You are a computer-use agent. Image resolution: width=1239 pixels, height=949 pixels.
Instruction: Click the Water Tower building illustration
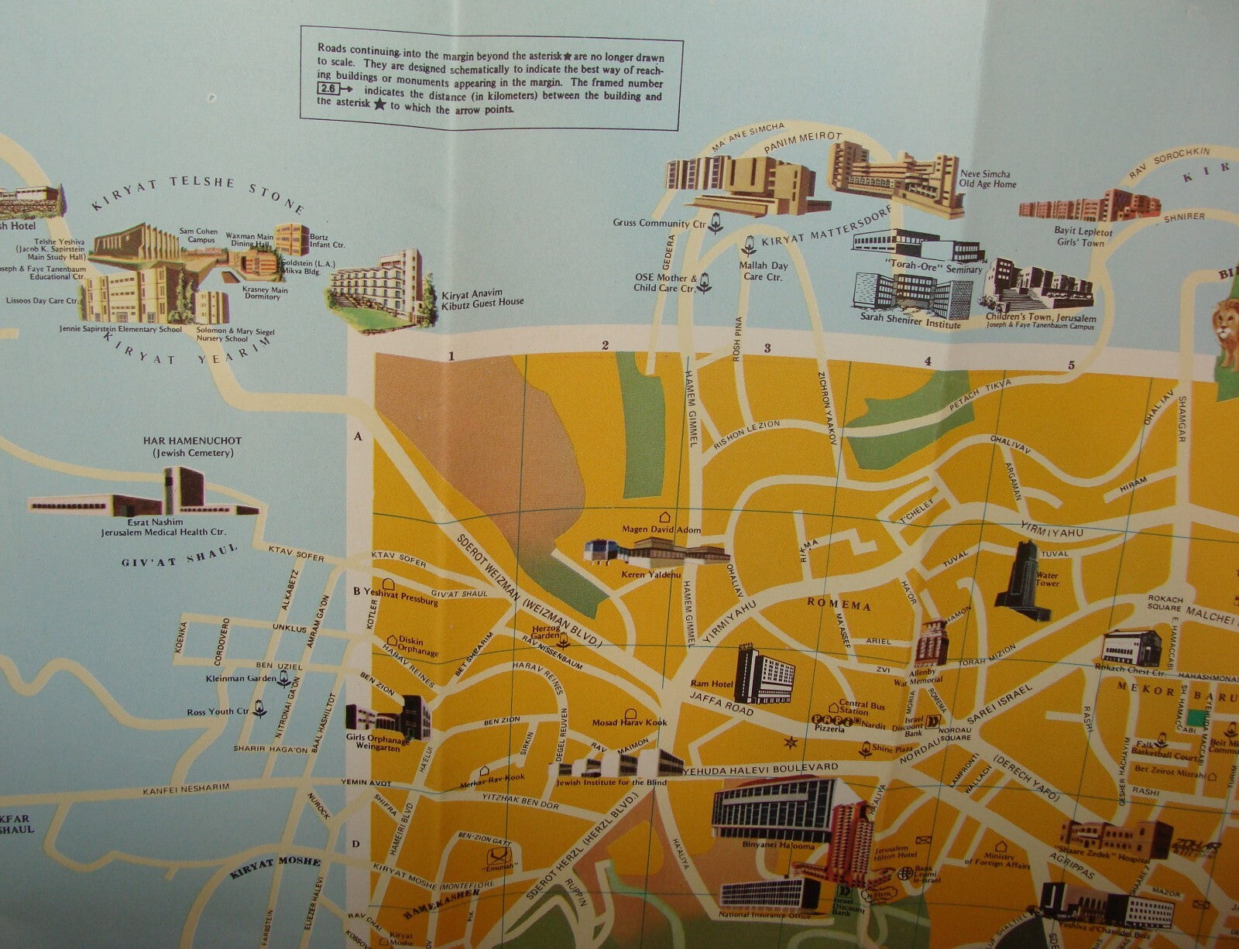click(x=1020, y=580)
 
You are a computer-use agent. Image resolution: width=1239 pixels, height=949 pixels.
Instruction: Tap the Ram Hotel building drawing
click(x=765, y=675)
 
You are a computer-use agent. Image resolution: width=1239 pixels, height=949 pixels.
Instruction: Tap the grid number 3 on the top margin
click(x=767, y=348)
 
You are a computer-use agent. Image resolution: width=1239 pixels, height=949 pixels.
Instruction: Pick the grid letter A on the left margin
click(x=358, y=437)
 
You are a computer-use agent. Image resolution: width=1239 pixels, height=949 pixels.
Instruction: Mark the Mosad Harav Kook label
click(x=630, y=722)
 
